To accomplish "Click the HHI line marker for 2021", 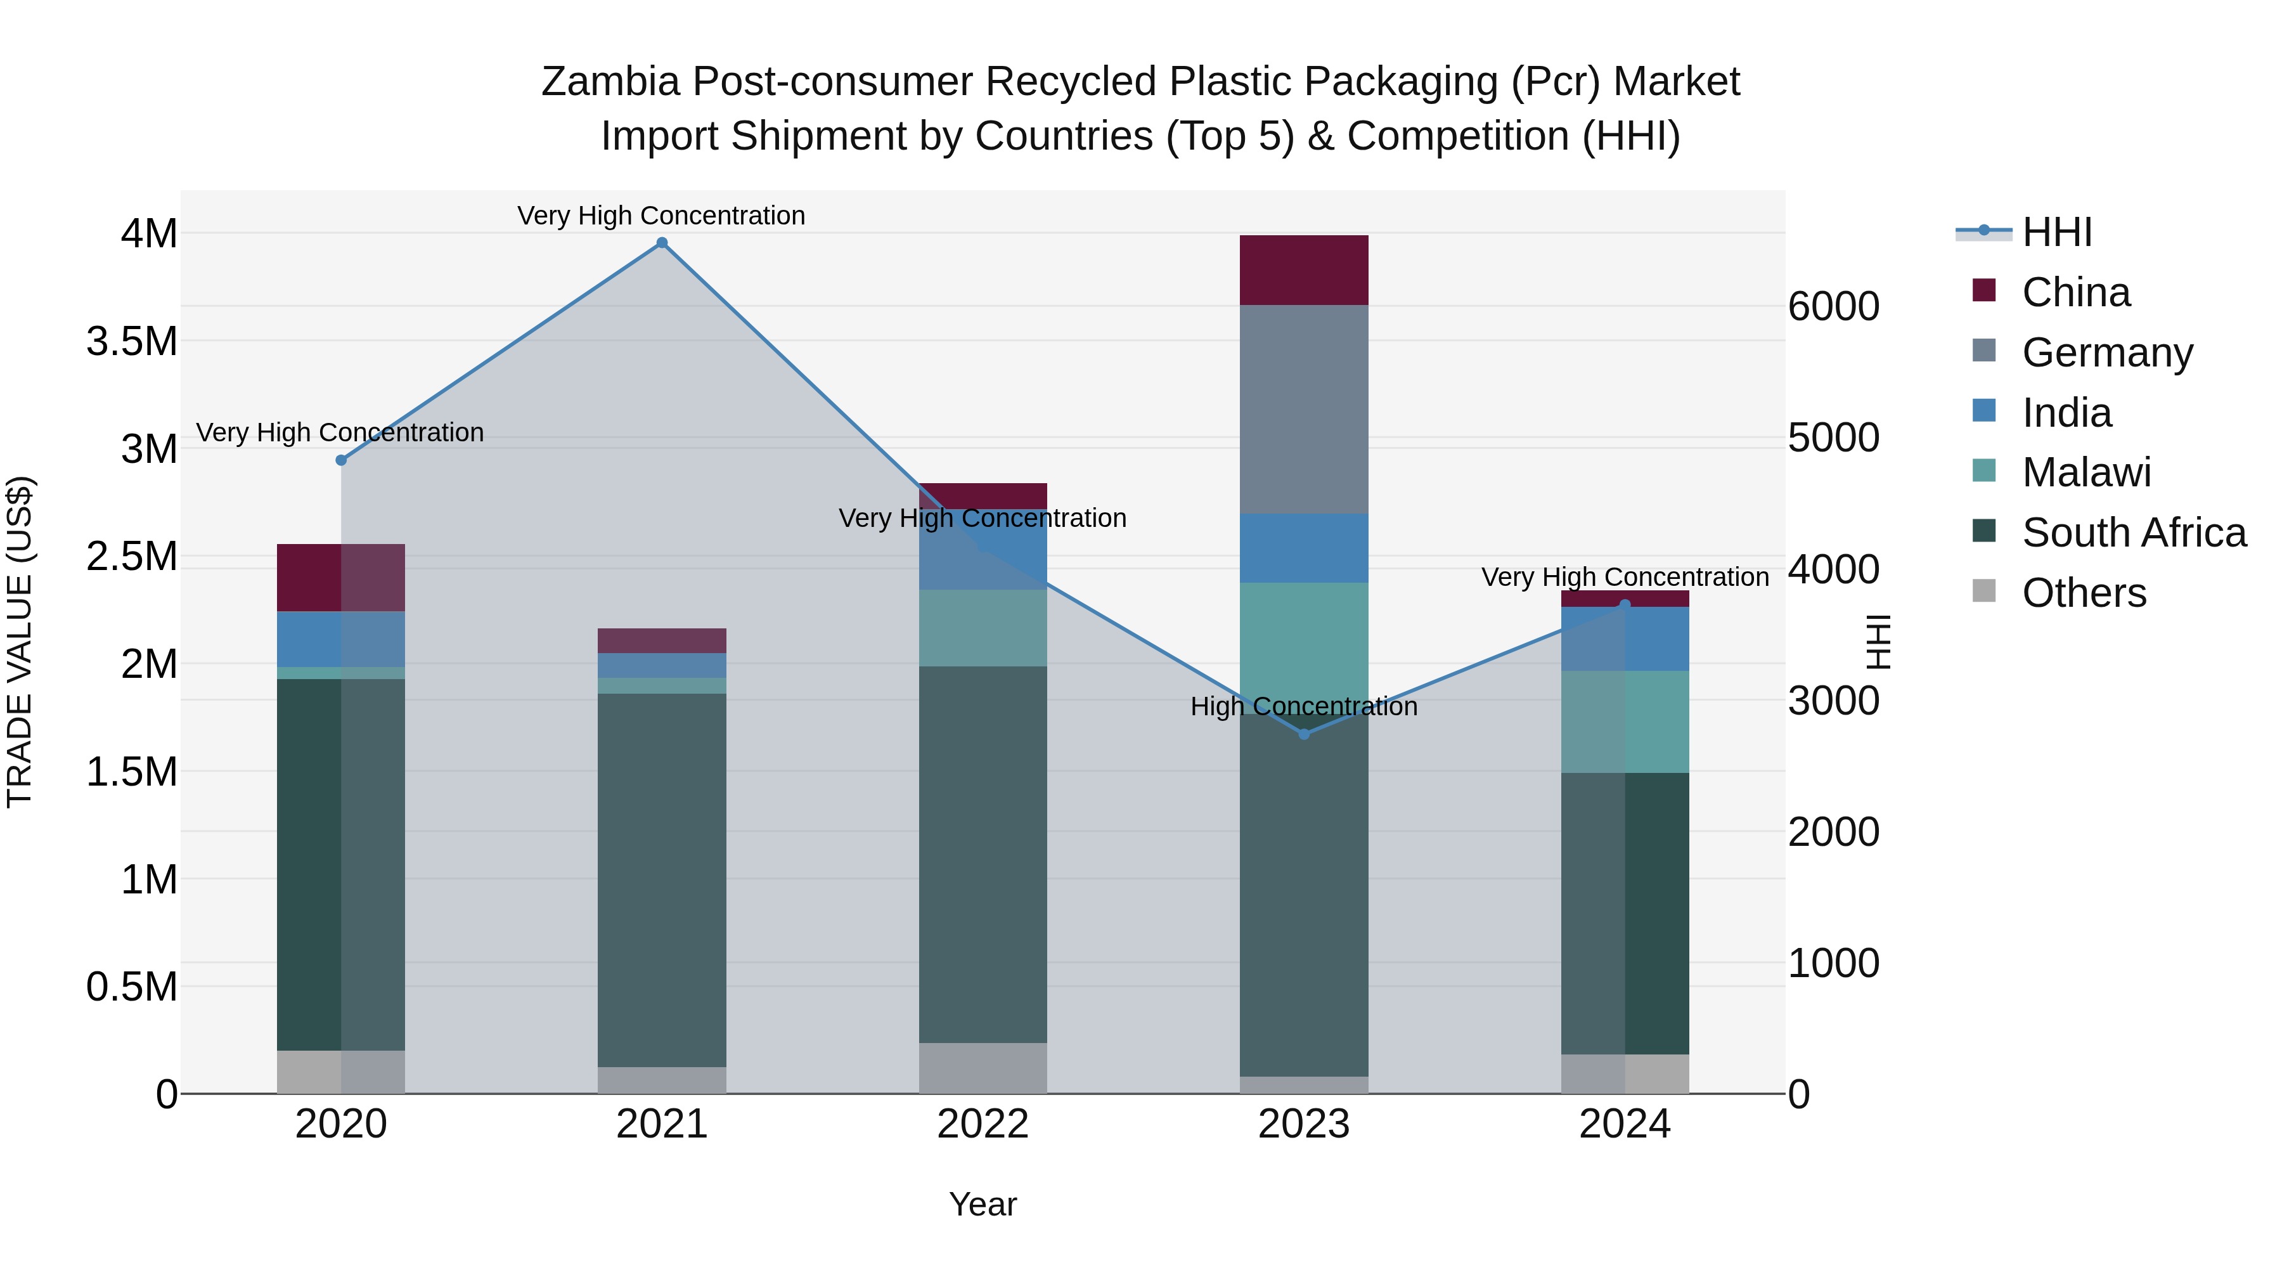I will click(x=662, y=243).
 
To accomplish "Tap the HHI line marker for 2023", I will click(x=1304, y=734).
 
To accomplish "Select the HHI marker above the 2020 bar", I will click(x=341, y=460).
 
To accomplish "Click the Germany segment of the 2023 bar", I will click(x=1304, y=410).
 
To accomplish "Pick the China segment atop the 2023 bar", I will click(x=1304, y=270).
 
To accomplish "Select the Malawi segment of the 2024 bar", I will click(x=1625, y=722).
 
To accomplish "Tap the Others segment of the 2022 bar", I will click(x=983, y=1068).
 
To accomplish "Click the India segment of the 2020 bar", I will click(x=341, y=639).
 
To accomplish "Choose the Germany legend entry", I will click(x=2106, y=353).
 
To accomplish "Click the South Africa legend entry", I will click(x=2133, y=533).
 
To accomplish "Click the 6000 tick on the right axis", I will click(x=1833, y=307).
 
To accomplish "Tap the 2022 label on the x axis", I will click(x=983, y=1124).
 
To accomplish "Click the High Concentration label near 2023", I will click(x=1304, y=706).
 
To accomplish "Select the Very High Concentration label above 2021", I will click(x=662, y=216).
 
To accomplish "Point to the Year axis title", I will click(x=983, y=1204).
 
